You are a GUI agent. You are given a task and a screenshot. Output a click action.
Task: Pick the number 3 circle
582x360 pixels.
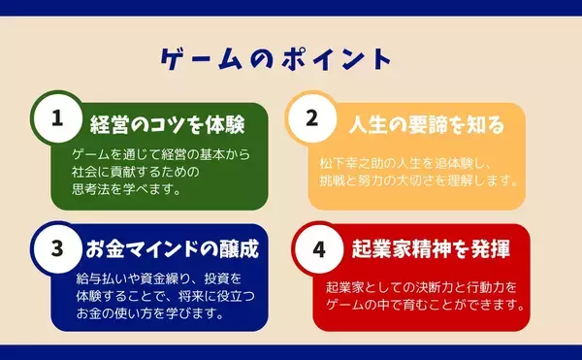pyautogui.click(x=56, y=247)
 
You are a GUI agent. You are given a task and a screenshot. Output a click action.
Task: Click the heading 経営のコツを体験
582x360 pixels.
pyautogui.click(x=166, y=125)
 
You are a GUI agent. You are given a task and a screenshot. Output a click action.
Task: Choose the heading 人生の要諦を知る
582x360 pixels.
pyautogui.click(x=427, y=125)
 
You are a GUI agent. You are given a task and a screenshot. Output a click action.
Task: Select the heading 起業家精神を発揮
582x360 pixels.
pyautogui.click(x=427, y=248)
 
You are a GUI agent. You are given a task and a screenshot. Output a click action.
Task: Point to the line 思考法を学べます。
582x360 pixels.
pyautogui.click(x=127, y=189)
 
